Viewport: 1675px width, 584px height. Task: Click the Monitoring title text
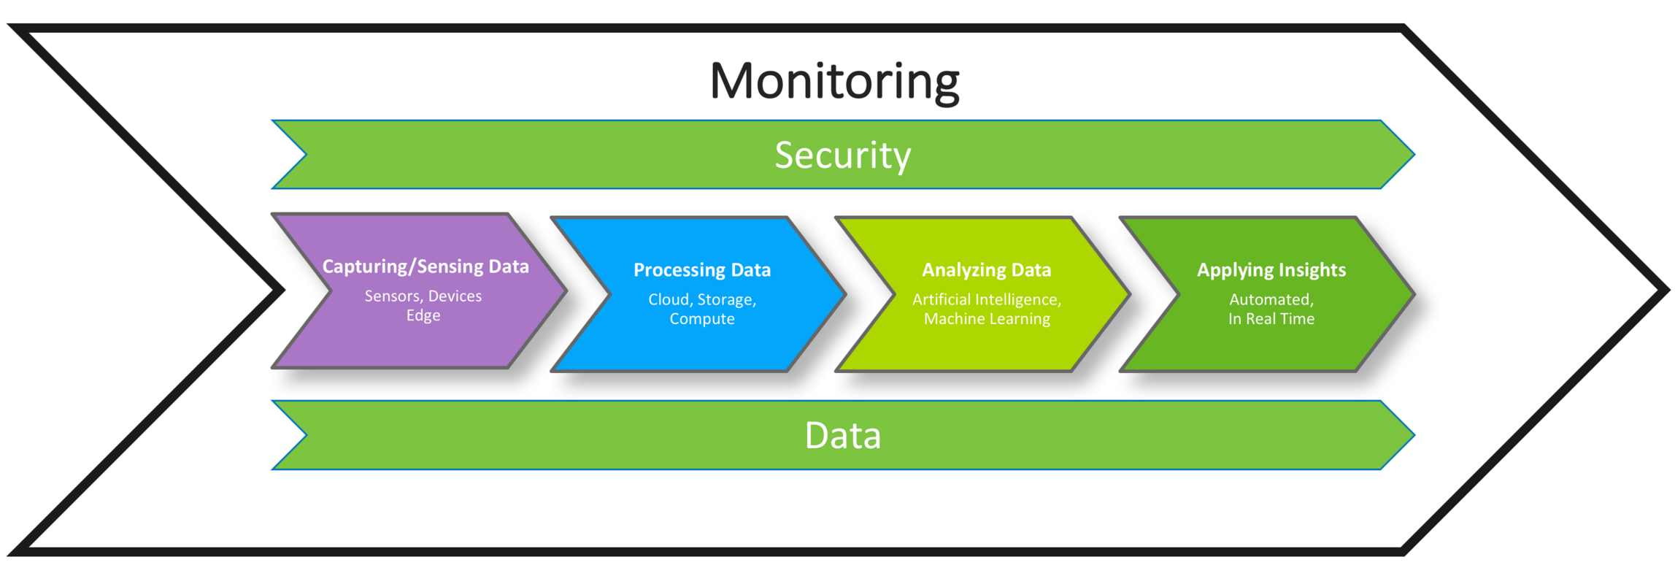click(x=834, y=81)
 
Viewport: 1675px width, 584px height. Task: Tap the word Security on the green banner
click(x=842, y=155)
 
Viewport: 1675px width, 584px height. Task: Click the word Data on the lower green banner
click(x=842, y=436)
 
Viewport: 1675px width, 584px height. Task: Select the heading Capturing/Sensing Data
click(x=426, y=266)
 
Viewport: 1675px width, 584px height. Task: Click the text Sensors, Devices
click(x=423, y=296)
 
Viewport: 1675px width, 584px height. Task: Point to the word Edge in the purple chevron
click(x=423, y=315)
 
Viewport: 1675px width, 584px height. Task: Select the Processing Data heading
click(x=702, y=270)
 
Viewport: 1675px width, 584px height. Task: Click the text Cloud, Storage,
click(x=702, y=299)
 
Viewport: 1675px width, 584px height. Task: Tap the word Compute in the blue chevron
click(x=702, y=319)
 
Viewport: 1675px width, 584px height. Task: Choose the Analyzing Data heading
click(x=987, y=270)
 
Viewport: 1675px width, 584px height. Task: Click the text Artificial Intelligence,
click(x=987, y=299)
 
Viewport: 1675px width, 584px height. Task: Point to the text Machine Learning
click(x=987, y=319)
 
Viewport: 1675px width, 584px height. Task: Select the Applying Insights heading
click(x=1271, y=270)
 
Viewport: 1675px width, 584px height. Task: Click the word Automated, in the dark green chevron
click(x=1271, y=299)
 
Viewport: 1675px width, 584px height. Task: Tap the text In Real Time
click(x=1271, y=319)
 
